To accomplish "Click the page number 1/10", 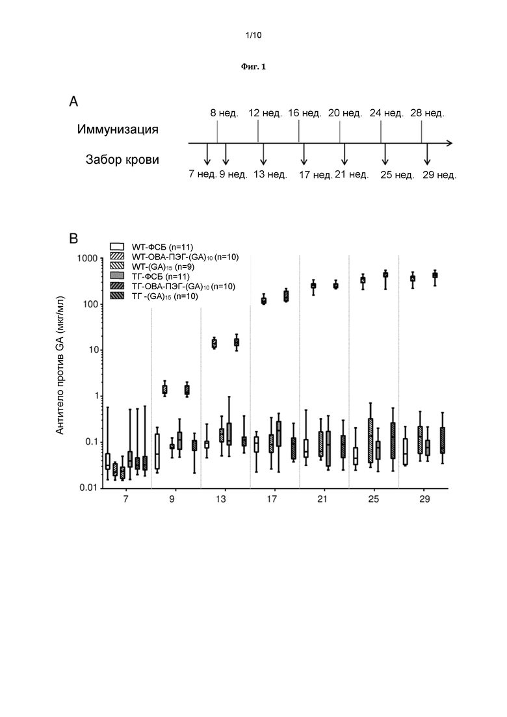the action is pos(253,35).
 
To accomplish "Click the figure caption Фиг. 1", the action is pos(253,67).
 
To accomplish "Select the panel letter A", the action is pos(73,101).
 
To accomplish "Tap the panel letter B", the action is pos(73,238).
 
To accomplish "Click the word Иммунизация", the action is pos(118,129).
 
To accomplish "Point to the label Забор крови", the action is pos(122,160).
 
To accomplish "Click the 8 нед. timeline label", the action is pos(224,113).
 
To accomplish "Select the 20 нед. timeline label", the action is pos(345,113).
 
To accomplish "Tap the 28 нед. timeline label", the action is pos(428,113).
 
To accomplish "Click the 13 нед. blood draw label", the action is pos(270,174).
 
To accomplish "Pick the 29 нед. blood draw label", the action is pos(439,175).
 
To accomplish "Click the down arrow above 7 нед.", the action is pos(207,154).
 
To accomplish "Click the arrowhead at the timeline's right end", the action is pos(449,143).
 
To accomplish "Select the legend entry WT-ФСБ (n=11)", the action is pos(152,247).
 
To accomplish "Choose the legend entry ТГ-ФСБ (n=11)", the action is pos(150,276).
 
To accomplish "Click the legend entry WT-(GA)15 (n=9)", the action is pos(152,267).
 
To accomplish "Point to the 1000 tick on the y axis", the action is pos(87,258).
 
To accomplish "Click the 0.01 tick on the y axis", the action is pos(88,488).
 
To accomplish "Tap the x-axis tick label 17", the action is pos(272,499).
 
